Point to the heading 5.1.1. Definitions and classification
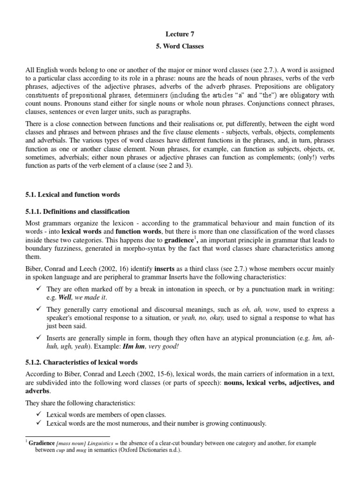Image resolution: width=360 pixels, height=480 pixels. coord(77,211)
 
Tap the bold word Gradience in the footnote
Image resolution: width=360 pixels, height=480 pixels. coord(42,442)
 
